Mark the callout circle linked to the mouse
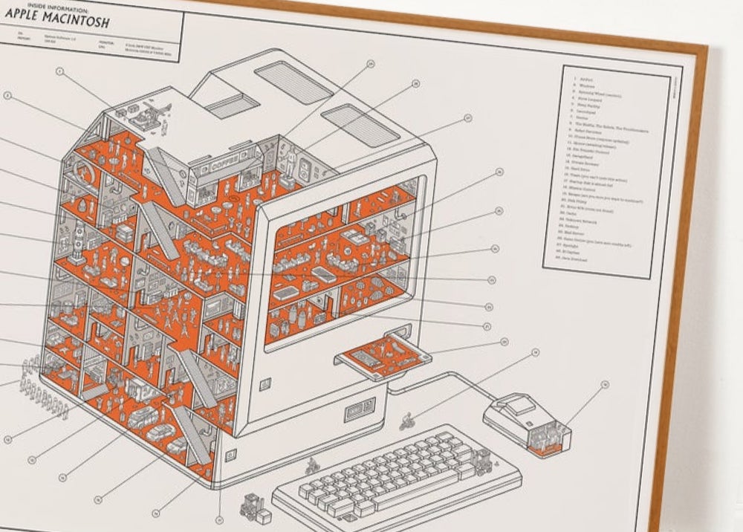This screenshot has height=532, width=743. tap(605, 385)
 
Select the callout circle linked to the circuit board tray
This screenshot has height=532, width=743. tap(504, 342)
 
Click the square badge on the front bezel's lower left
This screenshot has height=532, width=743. tap(266, 384)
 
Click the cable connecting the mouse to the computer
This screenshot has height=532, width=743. tap(446, 379)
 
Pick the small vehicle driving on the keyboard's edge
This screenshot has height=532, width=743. tap(313, 467)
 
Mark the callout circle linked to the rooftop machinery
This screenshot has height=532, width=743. tap(62, 72)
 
